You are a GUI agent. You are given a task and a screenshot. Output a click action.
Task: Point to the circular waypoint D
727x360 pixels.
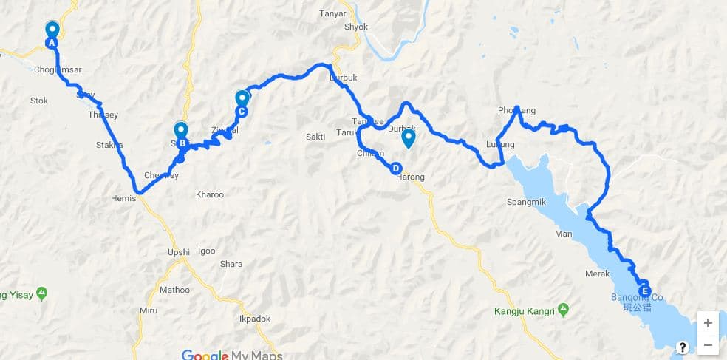(396, 168)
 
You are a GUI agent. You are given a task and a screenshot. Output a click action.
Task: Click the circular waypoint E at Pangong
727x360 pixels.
(644, 289)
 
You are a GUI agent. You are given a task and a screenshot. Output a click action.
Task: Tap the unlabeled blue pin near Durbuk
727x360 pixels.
(407, 137)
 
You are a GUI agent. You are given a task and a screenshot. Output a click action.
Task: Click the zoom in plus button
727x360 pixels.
(708, 322)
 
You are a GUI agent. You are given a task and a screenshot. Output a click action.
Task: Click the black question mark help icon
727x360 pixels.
(683, 347)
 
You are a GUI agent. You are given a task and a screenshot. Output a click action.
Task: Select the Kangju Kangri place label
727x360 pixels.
(525, 312)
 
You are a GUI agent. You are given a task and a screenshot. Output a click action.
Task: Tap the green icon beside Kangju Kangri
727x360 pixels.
(564, 308)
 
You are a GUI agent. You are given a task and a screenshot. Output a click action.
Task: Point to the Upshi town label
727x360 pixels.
(178, 253)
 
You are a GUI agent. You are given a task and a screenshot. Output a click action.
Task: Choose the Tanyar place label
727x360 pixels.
(332, 13)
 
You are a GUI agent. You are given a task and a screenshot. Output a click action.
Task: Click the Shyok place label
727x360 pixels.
(355, 27)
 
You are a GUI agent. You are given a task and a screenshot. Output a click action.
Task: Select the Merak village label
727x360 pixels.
(597, 274)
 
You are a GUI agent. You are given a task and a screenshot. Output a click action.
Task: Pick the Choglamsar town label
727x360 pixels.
(58, 70)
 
